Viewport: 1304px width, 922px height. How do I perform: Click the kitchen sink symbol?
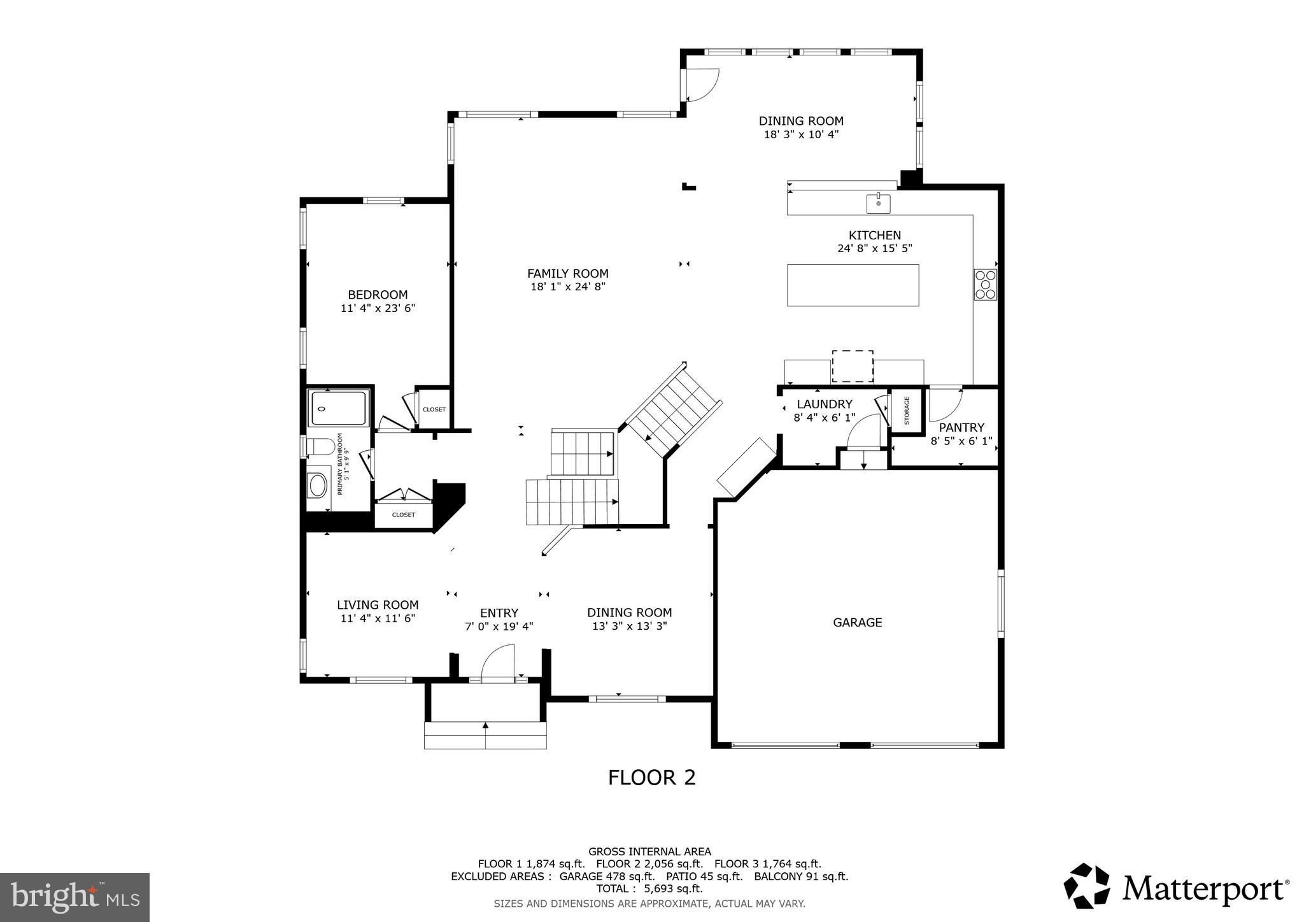click(878, 204)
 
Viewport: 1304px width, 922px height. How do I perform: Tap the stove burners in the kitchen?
click(985, 285)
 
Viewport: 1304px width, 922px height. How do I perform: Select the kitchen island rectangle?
click(853, 285)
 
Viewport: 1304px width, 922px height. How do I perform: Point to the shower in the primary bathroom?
click(338, 408)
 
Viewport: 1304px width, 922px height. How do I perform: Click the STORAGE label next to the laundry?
click(907, 411)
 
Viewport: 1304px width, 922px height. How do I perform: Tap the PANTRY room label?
click(961, 428)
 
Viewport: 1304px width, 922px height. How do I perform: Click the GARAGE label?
click(857, 623)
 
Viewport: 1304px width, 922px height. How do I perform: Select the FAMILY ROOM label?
click(567, 274)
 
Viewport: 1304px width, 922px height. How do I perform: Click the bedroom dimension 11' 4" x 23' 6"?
click(378, 309)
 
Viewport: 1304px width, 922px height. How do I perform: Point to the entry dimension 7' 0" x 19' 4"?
click(499, 627)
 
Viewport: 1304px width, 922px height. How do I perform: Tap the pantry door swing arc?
click(946, 404)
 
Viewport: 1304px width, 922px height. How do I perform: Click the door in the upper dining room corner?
click(702, 85)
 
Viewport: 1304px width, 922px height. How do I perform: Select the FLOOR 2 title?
click(651, 777)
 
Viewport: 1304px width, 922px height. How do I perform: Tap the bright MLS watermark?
click(75, 897)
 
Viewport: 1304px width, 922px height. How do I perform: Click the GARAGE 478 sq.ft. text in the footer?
click(607, 876)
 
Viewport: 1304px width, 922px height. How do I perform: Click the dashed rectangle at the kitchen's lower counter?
click(852, 366)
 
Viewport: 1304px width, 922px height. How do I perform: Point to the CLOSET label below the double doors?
click(403, 514)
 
